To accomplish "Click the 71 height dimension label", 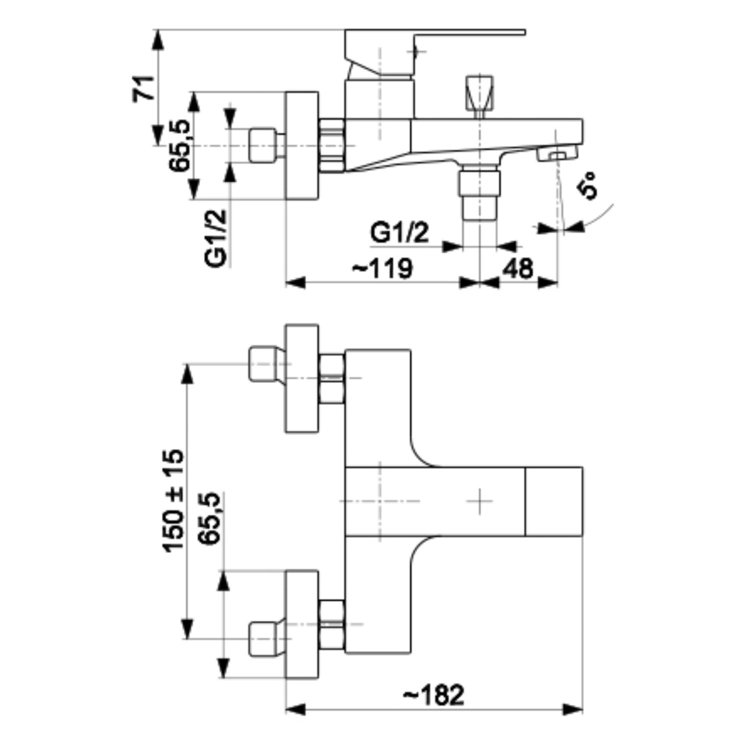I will [x=144, y=88].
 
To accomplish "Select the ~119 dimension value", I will [x=383, y=268].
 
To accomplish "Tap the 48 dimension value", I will [x=518, y=268].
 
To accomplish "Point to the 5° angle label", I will [x=587, y=185].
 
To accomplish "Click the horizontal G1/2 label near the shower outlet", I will [x=399, y=232].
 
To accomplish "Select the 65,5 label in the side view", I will [x=180, y=146].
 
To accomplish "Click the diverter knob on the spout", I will [x=479, y=93].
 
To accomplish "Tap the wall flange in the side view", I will [x=301, y=145].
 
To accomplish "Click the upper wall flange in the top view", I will [x=301, y=377].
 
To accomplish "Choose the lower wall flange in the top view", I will [x=301, y=624].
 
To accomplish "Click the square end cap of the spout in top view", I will [x=554, y=501].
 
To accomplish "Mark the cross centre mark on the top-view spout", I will [x=479, y=501].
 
